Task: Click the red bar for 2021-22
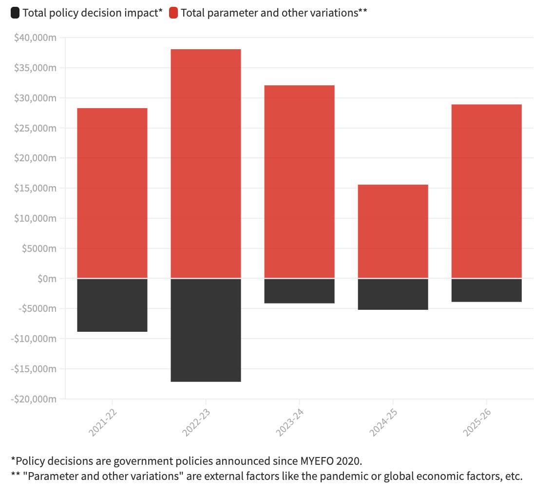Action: [x=112, y=193]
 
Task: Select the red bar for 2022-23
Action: [x=206, y=164]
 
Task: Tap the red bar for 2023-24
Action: [x=299, y=182]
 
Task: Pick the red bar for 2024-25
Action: [x=393, y=231]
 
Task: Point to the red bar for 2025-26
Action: [x=486, y=191]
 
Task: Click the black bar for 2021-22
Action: [x=112, y=305]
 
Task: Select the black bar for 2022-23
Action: [x=206, y=330]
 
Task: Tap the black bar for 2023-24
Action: [x=299, y=291]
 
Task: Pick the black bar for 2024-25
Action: [x=393, y=294]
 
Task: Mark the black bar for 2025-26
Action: [x=486, y=290]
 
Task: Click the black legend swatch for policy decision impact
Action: [x=15, y=13]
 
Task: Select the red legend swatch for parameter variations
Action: [x=173, y=13]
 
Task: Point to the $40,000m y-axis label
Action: [x=36, y=38]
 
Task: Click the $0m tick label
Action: [x=47, y=279]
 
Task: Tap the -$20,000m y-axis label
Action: [x=34, y=399]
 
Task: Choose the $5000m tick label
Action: [x=39, y=248]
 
